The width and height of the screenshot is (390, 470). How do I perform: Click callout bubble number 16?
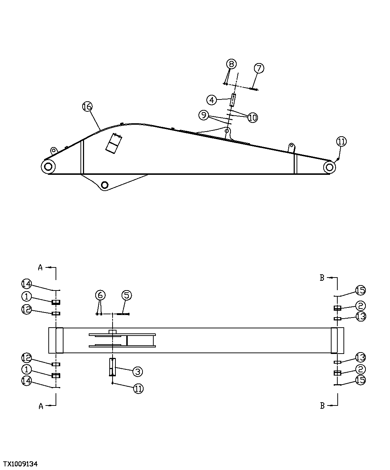tap(87, 107)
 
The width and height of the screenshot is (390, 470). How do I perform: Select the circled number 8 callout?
tap(231, 64)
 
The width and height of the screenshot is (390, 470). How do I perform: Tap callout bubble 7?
tap(259, 68)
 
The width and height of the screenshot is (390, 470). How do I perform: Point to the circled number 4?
tap(212, 99)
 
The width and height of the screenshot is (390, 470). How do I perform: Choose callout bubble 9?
tap(204, 115)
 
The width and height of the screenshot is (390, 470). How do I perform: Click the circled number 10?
tap(253, 117)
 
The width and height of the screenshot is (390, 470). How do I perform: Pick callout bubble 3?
tap(137, 371)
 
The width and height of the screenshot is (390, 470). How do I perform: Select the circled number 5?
tap(127, 296)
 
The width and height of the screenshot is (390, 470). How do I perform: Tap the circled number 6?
tap(100, 295)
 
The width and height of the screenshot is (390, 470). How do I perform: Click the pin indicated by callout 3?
tap(113, 367)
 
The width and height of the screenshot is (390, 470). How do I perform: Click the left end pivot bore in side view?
tap(48, 167)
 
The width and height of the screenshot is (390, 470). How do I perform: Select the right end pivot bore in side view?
tap(329, 167)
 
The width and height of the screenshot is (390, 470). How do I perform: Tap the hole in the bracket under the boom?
tap(105, 185)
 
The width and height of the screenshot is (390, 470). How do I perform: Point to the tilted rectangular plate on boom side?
tap(114, 143)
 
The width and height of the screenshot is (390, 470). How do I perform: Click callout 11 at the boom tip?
tap(342, 142)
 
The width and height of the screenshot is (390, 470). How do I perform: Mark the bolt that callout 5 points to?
tap(123, 314)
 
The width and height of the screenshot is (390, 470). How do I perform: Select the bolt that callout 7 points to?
tap(254, 89)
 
